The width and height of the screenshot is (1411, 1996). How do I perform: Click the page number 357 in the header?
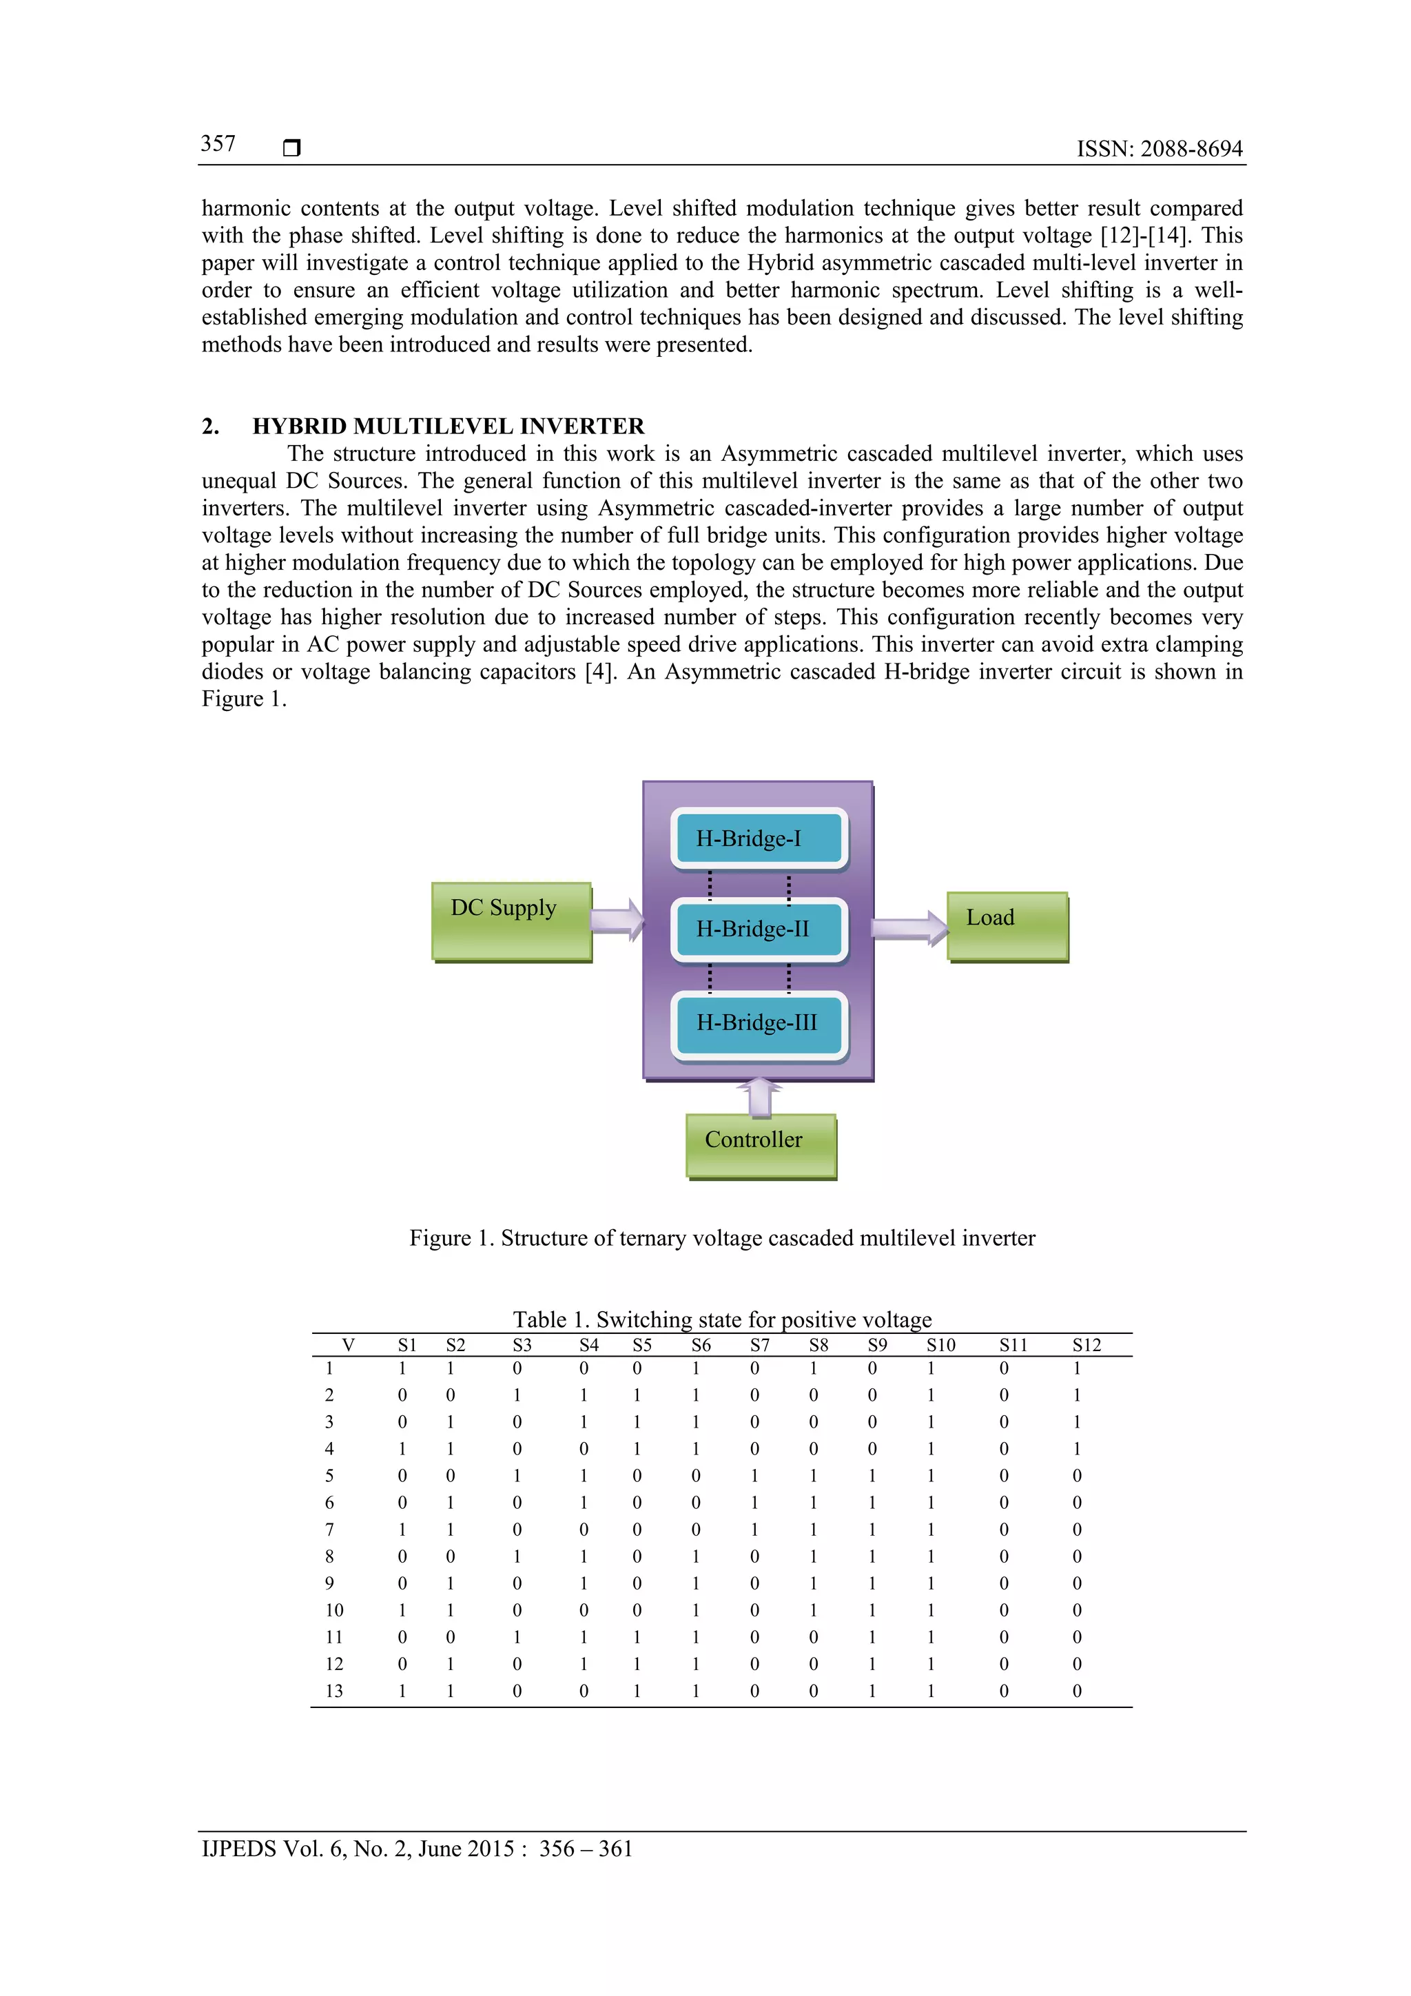click(218, 143)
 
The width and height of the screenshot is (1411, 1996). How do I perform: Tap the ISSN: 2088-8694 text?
click(1159, 149)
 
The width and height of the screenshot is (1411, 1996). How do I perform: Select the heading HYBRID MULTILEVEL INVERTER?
click(448, 426)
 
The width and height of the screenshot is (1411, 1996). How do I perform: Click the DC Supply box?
click(511, 921)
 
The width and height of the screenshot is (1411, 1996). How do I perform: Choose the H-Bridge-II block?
click(759, 929)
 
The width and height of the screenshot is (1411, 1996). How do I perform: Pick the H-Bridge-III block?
click(759, 1022)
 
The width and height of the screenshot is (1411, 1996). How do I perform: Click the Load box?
click(1007, 926)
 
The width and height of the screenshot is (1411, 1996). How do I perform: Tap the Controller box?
click(761, 1145)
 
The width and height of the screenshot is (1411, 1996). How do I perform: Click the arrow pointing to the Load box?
click(909, 929)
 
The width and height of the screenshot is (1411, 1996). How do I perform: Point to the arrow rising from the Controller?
click(759, 1096)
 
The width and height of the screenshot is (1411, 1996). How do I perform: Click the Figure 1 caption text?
click(721, 1238)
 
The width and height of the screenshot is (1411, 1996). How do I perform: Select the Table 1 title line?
click(721, 1319)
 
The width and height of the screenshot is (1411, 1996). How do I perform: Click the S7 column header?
click(759, 1345)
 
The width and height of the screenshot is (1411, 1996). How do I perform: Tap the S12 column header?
click(1086, 1345)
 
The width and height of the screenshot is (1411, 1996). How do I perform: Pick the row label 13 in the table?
click(334, 1691)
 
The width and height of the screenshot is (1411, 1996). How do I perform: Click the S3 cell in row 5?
click(517, 1475)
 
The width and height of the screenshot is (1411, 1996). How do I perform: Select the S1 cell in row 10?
click(402, 1610)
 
